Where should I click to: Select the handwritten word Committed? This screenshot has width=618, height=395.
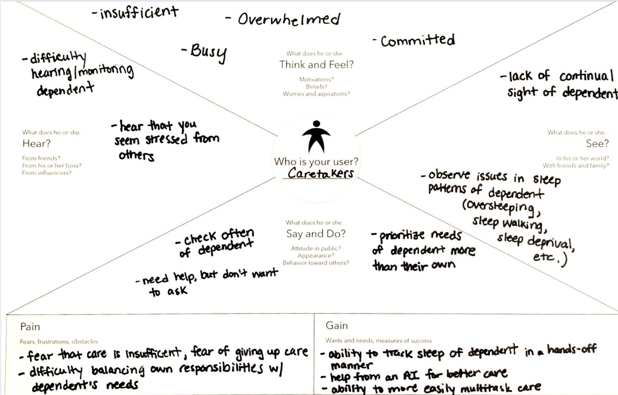(x=418, y=41)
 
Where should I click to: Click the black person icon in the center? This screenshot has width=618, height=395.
(x=316, y=136)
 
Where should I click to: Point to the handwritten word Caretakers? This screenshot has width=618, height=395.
(x=321, y=173)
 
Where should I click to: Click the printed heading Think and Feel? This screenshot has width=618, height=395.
(x=316, y=64)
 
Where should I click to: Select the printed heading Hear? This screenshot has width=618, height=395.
(x=37, y=144)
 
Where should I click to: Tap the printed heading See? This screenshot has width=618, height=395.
(x=597, y=144)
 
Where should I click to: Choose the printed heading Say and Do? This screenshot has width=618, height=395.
(x=316, y=234)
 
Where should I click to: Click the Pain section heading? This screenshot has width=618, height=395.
(x=30, y=327)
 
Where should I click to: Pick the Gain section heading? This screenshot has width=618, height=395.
(x=336, y=326)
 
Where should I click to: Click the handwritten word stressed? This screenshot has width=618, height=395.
(x=166, y=140)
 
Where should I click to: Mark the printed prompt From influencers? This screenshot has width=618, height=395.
(x=47, y=173)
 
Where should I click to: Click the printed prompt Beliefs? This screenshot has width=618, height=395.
(x=316, y=86)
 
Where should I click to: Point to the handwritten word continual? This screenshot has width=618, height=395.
(x=586, y=76)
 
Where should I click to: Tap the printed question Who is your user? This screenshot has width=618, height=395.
(x=316, y=162)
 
